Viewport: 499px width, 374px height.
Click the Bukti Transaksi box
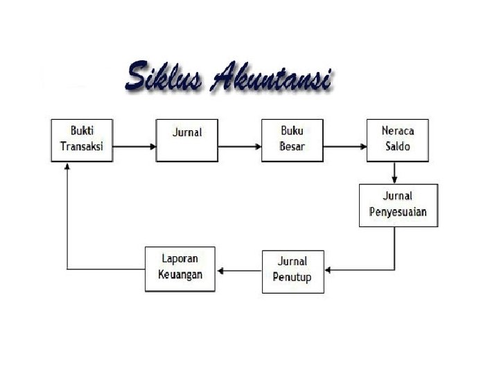coord(82,140)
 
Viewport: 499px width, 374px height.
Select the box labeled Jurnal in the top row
coord(186,140)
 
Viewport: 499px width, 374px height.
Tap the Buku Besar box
coord(292,140)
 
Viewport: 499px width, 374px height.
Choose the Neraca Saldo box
coord(397,140)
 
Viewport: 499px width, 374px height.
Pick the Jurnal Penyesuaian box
coord(398,205)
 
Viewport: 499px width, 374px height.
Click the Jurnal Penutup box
coord(292,271)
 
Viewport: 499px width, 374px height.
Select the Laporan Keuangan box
coord(180,269)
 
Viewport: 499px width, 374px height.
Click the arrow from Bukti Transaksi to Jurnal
coord(134,147)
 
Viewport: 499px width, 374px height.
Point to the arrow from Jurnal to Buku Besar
coord(239,147)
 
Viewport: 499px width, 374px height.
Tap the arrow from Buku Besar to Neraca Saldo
coord(344,147)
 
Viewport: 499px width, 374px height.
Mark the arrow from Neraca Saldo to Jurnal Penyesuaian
coord(394,172)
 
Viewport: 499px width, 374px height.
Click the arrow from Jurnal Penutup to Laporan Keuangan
coord(239,269)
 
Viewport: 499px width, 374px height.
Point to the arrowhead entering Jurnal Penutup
coord(329,269)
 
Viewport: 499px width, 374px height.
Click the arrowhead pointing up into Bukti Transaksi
coord(67,167)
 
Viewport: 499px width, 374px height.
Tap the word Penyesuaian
coord(398,212)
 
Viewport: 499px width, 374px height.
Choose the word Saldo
coord(397,147)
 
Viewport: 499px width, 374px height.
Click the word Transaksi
coord(81,147)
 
